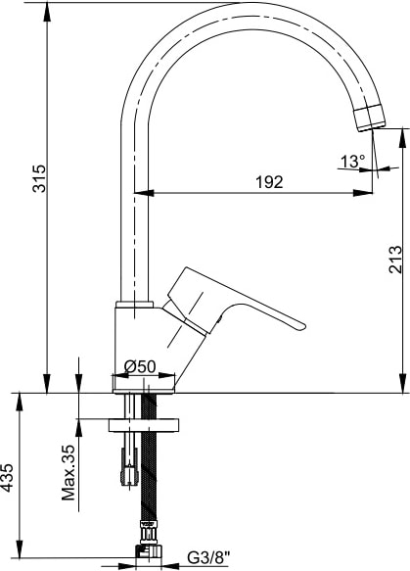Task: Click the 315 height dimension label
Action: (39, 178)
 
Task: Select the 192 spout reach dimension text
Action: (269, 182)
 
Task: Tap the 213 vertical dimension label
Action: (395, 260)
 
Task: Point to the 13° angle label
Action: (352, 161)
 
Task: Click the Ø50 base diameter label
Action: (140, 366)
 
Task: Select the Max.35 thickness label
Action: (68, 472)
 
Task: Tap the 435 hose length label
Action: (7, 477)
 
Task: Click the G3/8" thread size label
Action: (208, 557)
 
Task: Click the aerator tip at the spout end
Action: (369, 118)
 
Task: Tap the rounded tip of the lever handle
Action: (300, 326)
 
